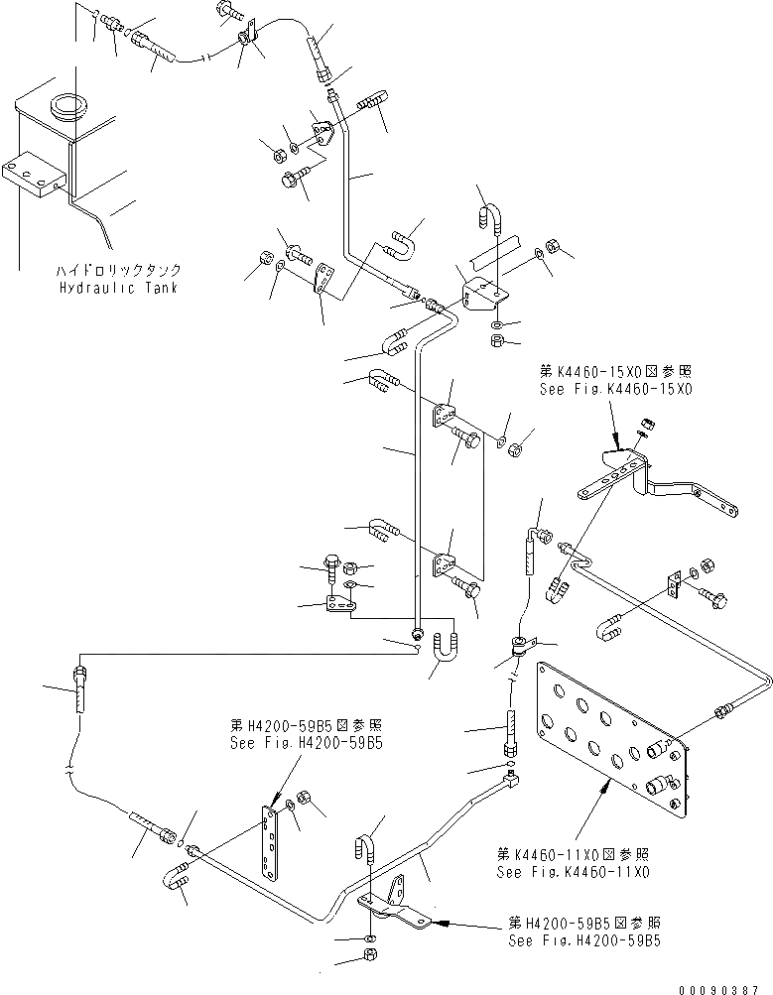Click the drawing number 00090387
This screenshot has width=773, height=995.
tap(723, 988)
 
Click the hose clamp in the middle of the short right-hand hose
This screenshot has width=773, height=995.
tap(518, 646)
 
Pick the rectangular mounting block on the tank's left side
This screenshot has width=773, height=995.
tap(32, 180)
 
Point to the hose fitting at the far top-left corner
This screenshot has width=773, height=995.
tap(108, 21)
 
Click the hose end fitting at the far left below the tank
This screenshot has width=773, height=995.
tap(79, 689)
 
